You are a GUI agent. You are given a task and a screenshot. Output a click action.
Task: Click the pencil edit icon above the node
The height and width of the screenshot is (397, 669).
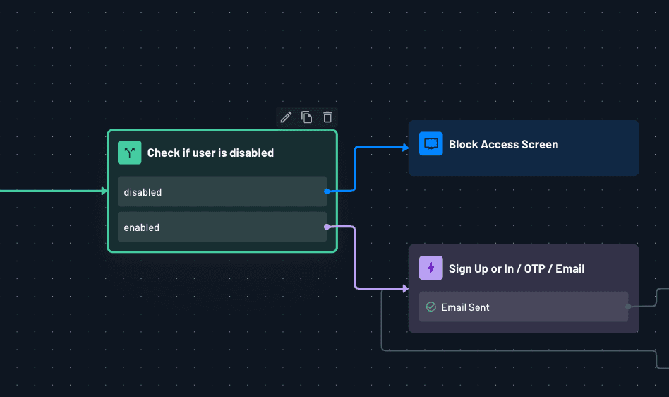tap(286, 117)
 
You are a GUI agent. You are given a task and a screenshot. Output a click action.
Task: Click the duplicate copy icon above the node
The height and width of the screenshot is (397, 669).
tap(306, 117)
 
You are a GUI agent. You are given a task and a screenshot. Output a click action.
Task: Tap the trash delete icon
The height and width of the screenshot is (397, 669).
tap(327, 117)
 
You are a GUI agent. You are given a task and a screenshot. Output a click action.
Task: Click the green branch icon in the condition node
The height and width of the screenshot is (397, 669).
tap(130, 153)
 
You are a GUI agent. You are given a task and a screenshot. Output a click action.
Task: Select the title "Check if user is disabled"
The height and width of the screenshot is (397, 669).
tap(210, 153)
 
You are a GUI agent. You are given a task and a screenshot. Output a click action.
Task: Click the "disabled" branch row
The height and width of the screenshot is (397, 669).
tap(222, 191)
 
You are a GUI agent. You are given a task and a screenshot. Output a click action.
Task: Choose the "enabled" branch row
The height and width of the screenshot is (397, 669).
tap(222, 227)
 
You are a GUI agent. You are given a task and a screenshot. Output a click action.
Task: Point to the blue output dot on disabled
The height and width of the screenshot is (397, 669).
tap(327, 191)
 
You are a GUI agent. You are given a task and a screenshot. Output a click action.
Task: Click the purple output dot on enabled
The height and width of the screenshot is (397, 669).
tap(326, 227)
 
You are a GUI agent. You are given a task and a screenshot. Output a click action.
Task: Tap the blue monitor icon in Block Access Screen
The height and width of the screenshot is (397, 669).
tap(430, 144)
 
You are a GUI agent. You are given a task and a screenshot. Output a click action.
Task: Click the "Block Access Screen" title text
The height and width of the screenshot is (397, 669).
tap(503, 144)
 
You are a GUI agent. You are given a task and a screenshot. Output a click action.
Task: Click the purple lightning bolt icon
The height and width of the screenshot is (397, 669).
tap(430, 268)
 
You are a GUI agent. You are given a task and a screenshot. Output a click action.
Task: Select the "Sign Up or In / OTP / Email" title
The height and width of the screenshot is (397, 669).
tap(517, 268)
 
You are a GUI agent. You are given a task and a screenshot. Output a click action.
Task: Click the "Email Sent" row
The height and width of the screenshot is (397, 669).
tap(523, 307)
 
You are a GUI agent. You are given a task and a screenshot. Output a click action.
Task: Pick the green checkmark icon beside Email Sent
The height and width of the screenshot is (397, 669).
tap(430, 307)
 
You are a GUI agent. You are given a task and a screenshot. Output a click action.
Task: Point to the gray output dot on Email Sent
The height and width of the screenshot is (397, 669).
tap(628, 307)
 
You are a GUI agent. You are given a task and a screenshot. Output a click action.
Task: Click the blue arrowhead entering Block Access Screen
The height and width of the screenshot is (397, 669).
tap(405, 148)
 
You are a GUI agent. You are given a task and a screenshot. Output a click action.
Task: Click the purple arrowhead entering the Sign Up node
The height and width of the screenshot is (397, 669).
tap(405, 289)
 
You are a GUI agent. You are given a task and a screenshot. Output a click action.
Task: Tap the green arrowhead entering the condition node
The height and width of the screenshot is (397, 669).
tap(104, 191)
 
